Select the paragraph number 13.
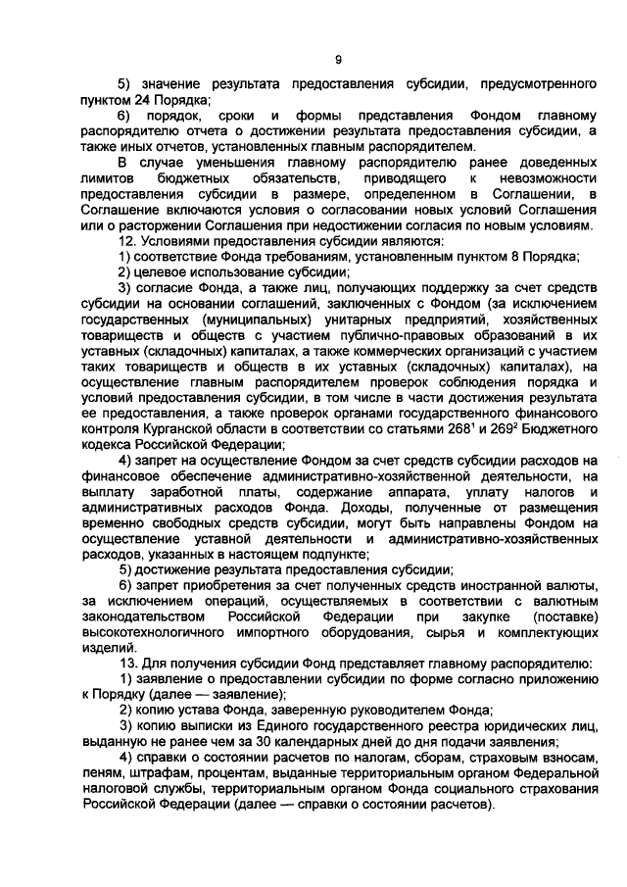pos(125,662)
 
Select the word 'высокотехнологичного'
pos(156,631)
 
